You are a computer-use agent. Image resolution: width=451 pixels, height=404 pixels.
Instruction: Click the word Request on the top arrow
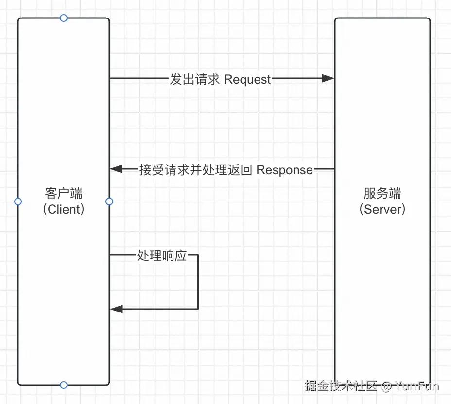247,79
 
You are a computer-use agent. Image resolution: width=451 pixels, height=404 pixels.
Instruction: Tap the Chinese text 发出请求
194,79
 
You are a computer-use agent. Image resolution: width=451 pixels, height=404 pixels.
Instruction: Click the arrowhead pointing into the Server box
329,78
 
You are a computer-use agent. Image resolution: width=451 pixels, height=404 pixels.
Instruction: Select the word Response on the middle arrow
284,170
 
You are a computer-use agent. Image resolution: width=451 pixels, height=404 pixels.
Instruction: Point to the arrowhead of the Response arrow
116,169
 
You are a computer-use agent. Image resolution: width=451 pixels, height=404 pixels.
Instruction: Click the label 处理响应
162,256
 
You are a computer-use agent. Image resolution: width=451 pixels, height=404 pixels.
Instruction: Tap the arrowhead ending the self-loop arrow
116,309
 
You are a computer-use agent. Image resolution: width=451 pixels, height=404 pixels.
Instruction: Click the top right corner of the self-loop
198,255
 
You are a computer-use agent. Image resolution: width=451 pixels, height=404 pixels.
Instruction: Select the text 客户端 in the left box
64,194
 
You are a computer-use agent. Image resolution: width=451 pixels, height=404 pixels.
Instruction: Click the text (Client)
64,210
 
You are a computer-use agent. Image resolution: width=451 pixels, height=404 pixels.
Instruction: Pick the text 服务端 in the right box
382,194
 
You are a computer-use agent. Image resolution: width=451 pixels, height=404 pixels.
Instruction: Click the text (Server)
382,210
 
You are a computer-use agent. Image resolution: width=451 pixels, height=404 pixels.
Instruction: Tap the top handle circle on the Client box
63,18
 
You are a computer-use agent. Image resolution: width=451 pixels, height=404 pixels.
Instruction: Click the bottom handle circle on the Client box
63,385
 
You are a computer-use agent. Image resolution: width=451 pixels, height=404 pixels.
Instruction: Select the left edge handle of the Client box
18,202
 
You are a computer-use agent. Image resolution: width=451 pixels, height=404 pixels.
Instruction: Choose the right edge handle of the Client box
109,202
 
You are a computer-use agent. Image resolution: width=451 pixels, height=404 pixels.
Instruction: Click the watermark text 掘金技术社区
341,386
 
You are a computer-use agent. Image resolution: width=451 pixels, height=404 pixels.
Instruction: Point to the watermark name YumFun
417,386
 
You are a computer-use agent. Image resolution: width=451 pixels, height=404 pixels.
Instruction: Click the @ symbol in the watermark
386,387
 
